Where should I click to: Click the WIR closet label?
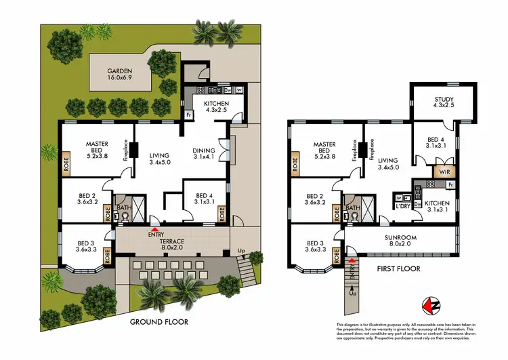coord(444,173)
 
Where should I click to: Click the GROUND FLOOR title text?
coord(159,322)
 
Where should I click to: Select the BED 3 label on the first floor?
coord(316,248)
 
